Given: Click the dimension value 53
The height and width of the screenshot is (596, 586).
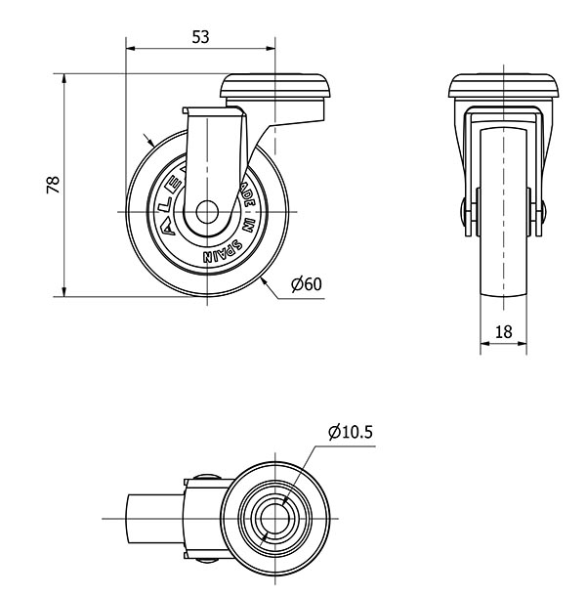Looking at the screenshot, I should (200, 37).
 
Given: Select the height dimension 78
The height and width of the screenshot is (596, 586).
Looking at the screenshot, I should (55, 184).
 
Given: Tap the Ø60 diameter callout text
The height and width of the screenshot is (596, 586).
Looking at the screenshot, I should (306, 284).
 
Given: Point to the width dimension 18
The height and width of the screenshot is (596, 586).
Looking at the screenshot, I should (504, 331).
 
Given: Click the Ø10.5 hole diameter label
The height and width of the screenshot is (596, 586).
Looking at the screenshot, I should (352, 432).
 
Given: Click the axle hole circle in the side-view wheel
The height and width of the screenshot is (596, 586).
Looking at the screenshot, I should (208, 212).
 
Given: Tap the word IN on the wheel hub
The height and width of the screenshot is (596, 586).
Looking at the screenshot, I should (248, 224).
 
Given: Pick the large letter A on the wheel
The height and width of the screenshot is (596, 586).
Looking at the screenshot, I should (167, 229).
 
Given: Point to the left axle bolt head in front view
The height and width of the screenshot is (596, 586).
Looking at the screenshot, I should (466, 213).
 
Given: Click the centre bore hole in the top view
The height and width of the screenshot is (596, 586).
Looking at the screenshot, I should (273, 515).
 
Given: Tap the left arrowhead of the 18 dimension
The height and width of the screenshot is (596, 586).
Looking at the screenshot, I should (484, 344).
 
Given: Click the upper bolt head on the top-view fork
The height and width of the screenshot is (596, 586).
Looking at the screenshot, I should (201, 481).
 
